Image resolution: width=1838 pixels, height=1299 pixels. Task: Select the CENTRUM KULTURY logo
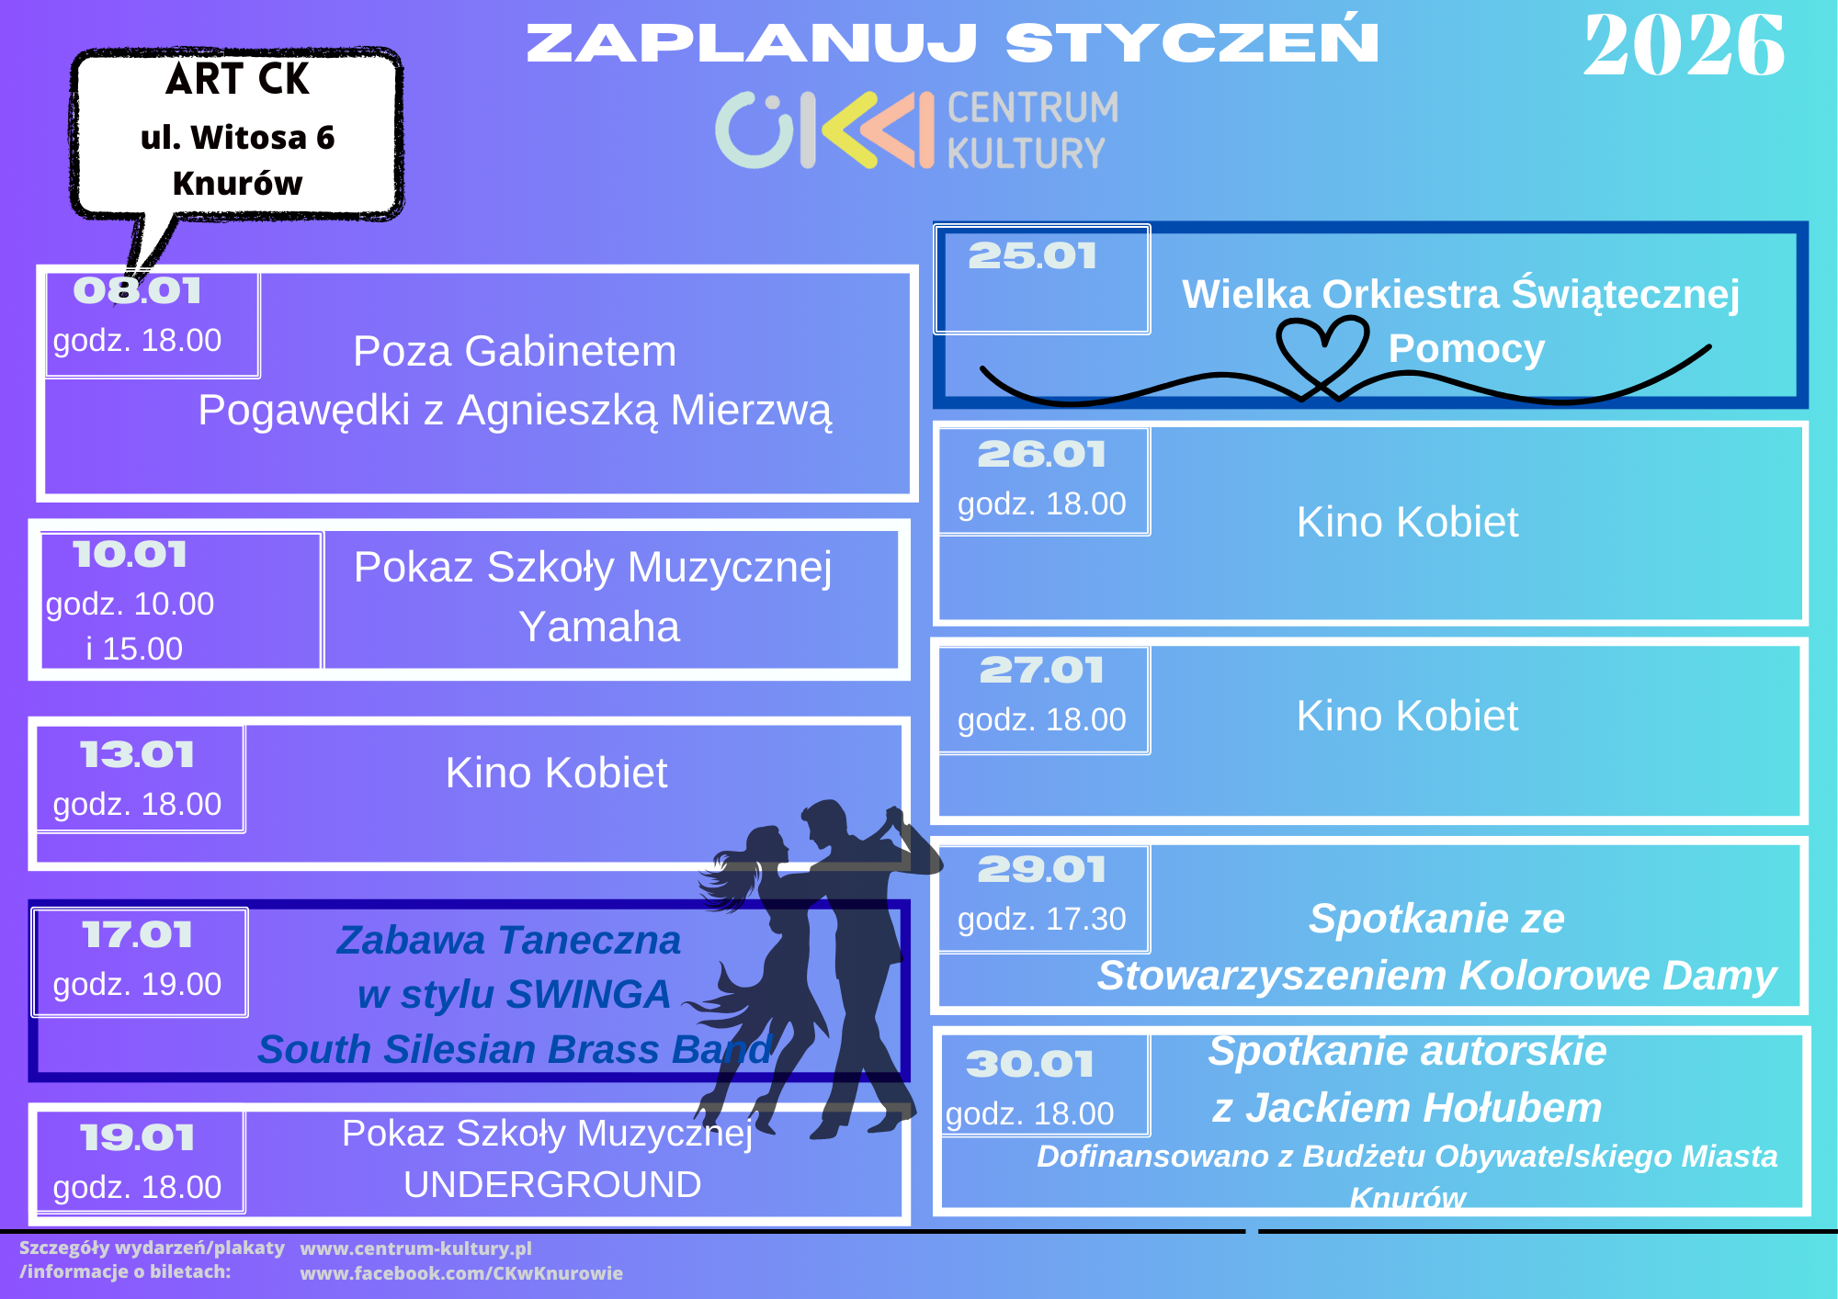pos(917,130)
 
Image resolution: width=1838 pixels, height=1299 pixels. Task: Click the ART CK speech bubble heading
pos(238,79)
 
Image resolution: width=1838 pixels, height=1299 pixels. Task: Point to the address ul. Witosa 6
pos(238,138)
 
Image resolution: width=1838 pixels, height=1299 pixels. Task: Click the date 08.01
pos(138,291)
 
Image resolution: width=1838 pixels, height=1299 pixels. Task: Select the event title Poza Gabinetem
pos(515,351)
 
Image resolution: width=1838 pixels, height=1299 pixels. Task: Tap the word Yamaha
pos(599,627)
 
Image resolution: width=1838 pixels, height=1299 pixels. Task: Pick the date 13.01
pos(138,755)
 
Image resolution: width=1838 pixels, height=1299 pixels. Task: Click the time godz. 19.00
pos(137,984)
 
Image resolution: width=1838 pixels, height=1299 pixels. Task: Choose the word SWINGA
pos(588,994)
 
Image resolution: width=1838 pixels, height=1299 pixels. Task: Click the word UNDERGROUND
pos(552,1185)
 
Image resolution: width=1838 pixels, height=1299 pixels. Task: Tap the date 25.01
pos(1033,256)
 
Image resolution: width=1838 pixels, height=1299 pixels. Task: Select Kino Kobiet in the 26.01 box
pos(1407,522)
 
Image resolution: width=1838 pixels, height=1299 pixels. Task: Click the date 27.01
pos(1042,671)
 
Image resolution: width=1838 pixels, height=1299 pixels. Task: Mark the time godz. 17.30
pos(1042,919)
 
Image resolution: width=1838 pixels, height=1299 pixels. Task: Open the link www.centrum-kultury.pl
pos(416,1248)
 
